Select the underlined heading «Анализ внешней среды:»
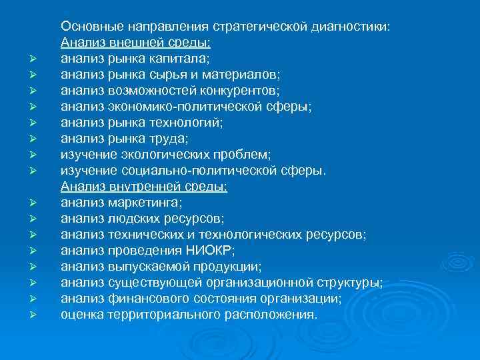[136, 43]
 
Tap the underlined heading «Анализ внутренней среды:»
[144, 187]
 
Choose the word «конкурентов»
[238, 91]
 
